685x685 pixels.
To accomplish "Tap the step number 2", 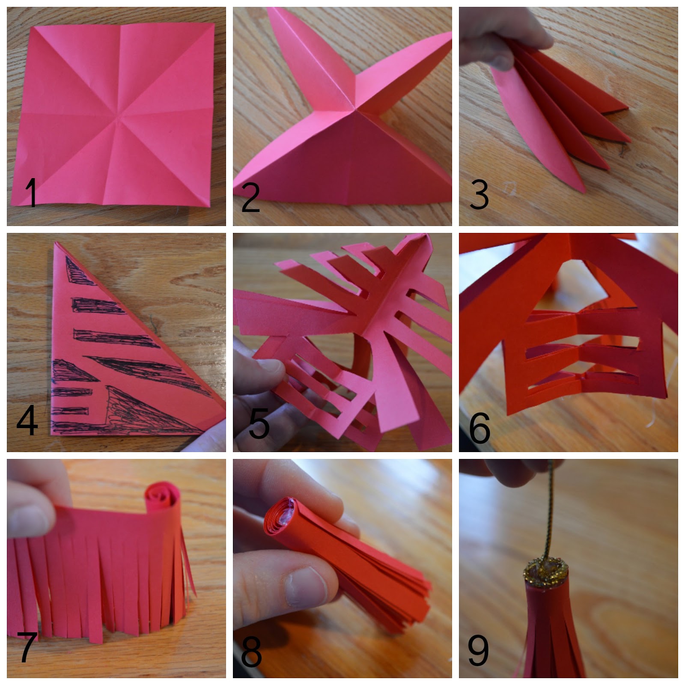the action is tap(251, 197).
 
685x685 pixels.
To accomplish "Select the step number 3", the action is tap(479, 194).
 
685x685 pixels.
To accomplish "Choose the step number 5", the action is tap(259, 423).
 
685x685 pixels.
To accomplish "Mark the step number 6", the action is tap(479, 428).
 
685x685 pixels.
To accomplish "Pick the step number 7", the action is tap(27, 647).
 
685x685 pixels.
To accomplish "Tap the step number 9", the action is tap(478, 650).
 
